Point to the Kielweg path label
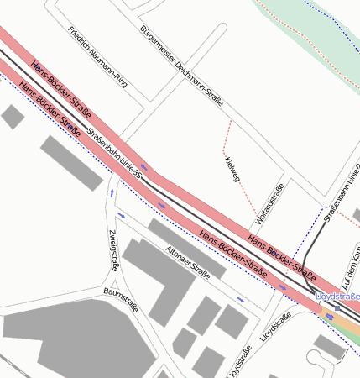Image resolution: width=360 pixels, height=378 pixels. coord(232,171)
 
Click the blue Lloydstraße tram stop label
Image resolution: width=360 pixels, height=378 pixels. coord(337,297)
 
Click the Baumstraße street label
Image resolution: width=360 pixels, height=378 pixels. coord(119,300)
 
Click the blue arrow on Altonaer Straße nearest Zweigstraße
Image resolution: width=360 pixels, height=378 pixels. coord(123,215)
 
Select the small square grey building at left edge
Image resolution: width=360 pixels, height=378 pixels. coord(13,117)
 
